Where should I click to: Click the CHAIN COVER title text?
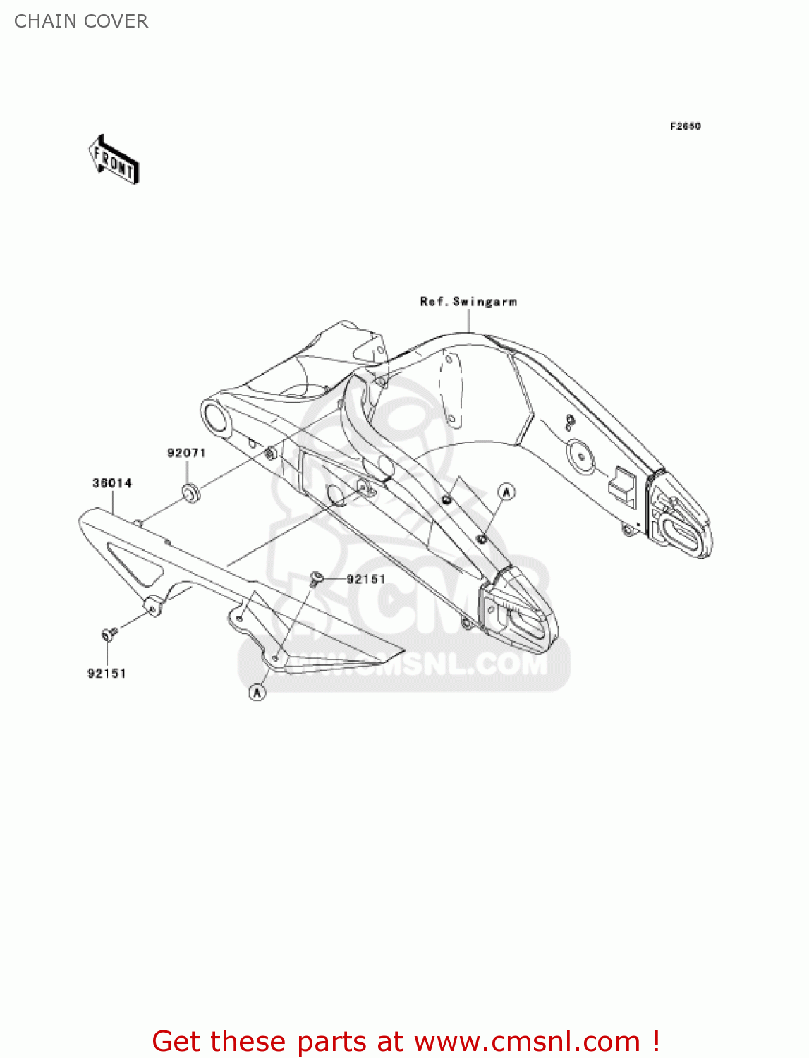coord(81,21)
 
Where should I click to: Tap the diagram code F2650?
coord(685,126)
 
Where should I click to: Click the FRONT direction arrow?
coord(114,160)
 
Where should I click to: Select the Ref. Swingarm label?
coord(468,302)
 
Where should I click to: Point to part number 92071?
coord(186,453)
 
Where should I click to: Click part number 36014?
coord(112,483)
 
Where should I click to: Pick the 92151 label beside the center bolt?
coord(366,579)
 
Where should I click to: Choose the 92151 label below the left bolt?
coord(107,674)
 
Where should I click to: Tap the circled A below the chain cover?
coord(257,693)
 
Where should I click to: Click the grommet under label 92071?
coord(190,492)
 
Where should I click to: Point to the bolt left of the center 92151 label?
coord(317,578)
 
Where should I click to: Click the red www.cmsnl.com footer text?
coord(406,1041)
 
